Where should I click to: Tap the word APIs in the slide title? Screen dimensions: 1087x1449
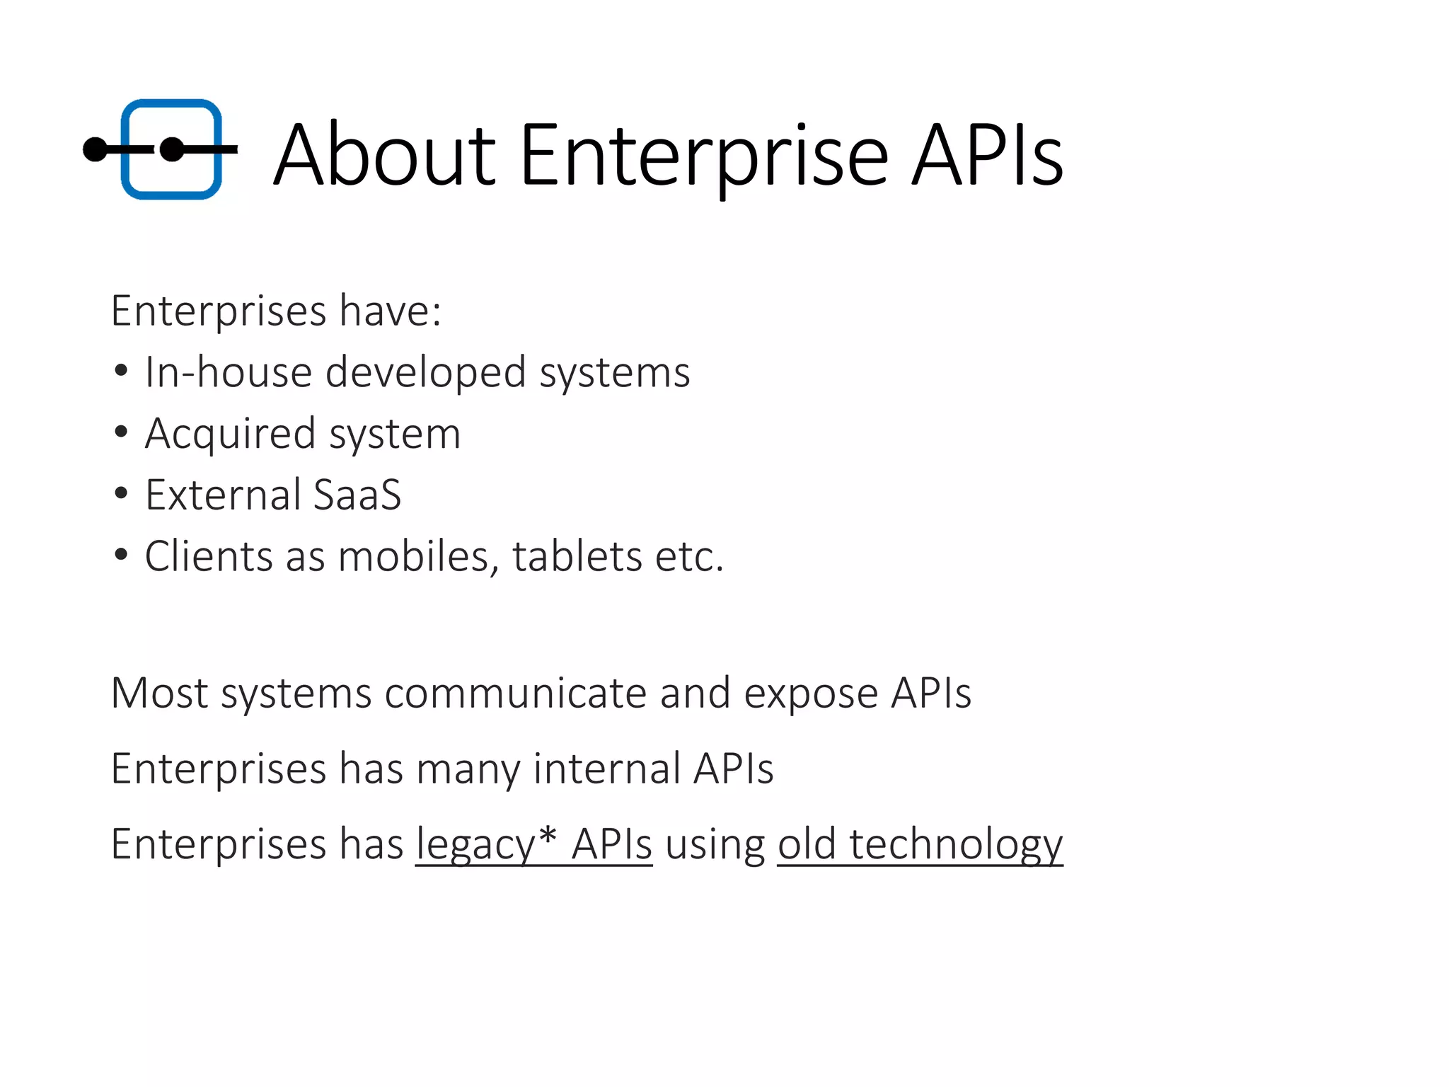986,155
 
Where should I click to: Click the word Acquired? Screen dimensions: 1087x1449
230,434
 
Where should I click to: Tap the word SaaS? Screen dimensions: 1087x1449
357,495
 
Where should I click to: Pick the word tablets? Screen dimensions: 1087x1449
577,556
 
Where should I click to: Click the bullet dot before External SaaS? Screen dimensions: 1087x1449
121,493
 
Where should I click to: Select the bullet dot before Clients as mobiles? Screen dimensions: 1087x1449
121,555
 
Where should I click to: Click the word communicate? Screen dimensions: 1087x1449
516,693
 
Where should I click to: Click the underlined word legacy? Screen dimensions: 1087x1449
475,845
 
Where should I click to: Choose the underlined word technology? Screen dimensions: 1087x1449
956,845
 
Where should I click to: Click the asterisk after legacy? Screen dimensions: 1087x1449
547,835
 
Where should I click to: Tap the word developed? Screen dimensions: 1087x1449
425,373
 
